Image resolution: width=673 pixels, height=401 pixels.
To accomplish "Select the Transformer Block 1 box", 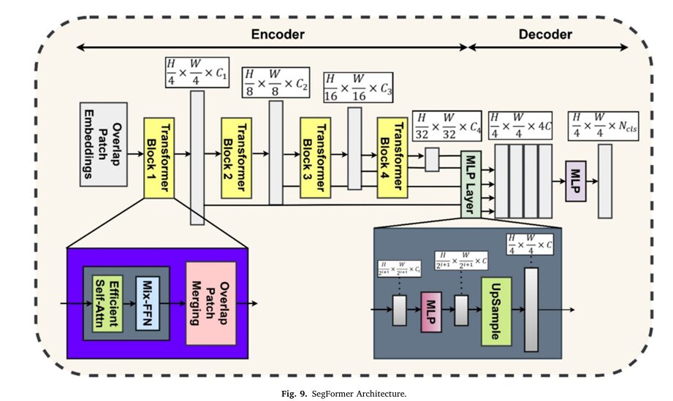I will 159,156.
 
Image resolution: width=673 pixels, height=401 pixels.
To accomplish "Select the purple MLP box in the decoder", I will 576,180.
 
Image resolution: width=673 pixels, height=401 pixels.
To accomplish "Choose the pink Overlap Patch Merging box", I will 210,302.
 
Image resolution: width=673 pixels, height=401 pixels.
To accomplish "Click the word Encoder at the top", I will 277,34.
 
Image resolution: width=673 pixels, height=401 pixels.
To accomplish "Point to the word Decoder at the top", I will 545,34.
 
